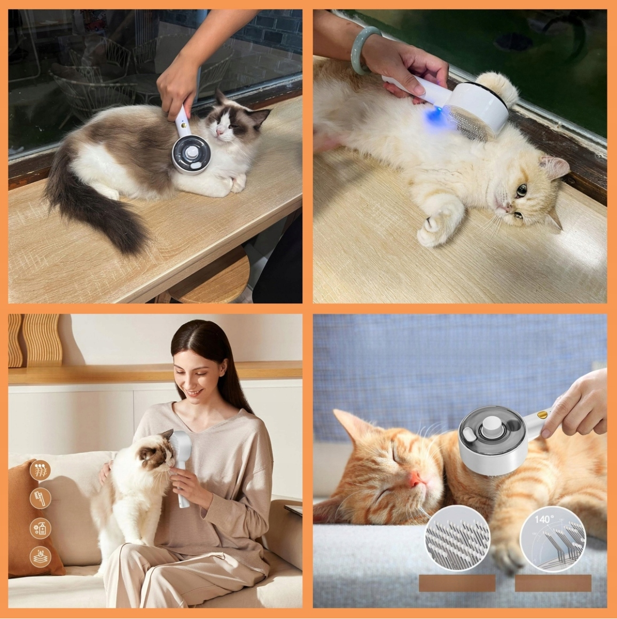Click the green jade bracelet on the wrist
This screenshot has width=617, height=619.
[361, 49]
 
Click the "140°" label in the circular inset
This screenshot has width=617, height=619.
[544, 520]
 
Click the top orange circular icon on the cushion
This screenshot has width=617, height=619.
[40, 470]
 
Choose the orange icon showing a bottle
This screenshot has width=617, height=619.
[40, 528]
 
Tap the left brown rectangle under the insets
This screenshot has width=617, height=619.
[457, 583]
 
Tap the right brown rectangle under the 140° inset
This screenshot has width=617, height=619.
[553, 583]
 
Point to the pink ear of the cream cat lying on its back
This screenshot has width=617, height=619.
[556, 168]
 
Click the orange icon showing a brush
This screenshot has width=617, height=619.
[40, 499]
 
